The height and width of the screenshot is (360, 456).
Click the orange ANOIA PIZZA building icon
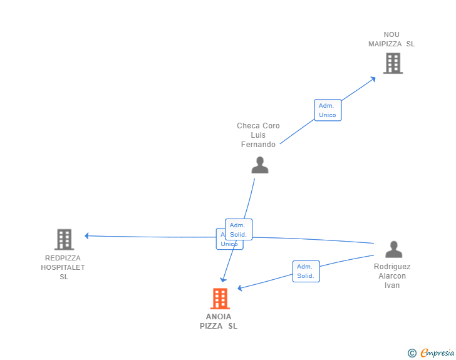click(219, 299)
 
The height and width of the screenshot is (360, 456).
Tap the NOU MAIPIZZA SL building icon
click(393, 63)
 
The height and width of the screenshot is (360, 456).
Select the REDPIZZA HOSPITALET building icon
click(64, 239)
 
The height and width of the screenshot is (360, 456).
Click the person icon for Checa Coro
click(259, 165)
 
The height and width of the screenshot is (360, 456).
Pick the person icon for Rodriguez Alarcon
click(393, 249)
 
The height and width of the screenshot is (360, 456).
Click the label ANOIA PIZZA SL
click(219, 321)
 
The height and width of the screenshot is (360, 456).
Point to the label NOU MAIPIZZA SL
click(391, 39)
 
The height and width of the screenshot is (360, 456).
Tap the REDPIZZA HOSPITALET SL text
click(63, 267)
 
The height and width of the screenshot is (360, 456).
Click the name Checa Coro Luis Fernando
click(258, 135)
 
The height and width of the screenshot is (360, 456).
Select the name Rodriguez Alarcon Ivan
click(392, 276)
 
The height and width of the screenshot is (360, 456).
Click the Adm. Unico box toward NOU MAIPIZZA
click(328, 110)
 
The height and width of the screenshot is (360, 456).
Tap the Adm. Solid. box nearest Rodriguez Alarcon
click(306, 271)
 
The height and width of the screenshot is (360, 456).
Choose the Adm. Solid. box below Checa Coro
click(238, 230)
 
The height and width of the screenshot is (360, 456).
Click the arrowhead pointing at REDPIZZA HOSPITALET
click(87, 236)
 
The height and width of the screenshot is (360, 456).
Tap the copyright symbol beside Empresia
click(412, 353)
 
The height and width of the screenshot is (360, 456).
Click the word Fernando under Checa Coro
click(258, 145)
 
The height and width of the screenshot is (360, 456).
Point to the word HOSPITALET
click(63, 267)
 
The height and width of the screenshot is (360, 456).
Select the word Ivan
click(392, 285)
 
